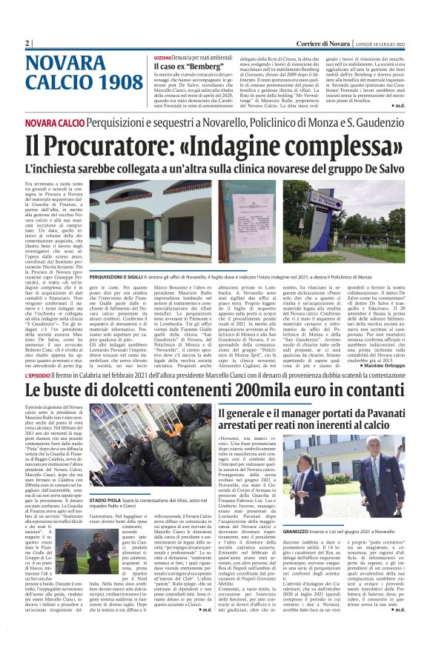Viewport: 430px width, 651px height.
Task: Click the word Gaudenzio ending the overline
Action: click(x=374, y=122)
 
